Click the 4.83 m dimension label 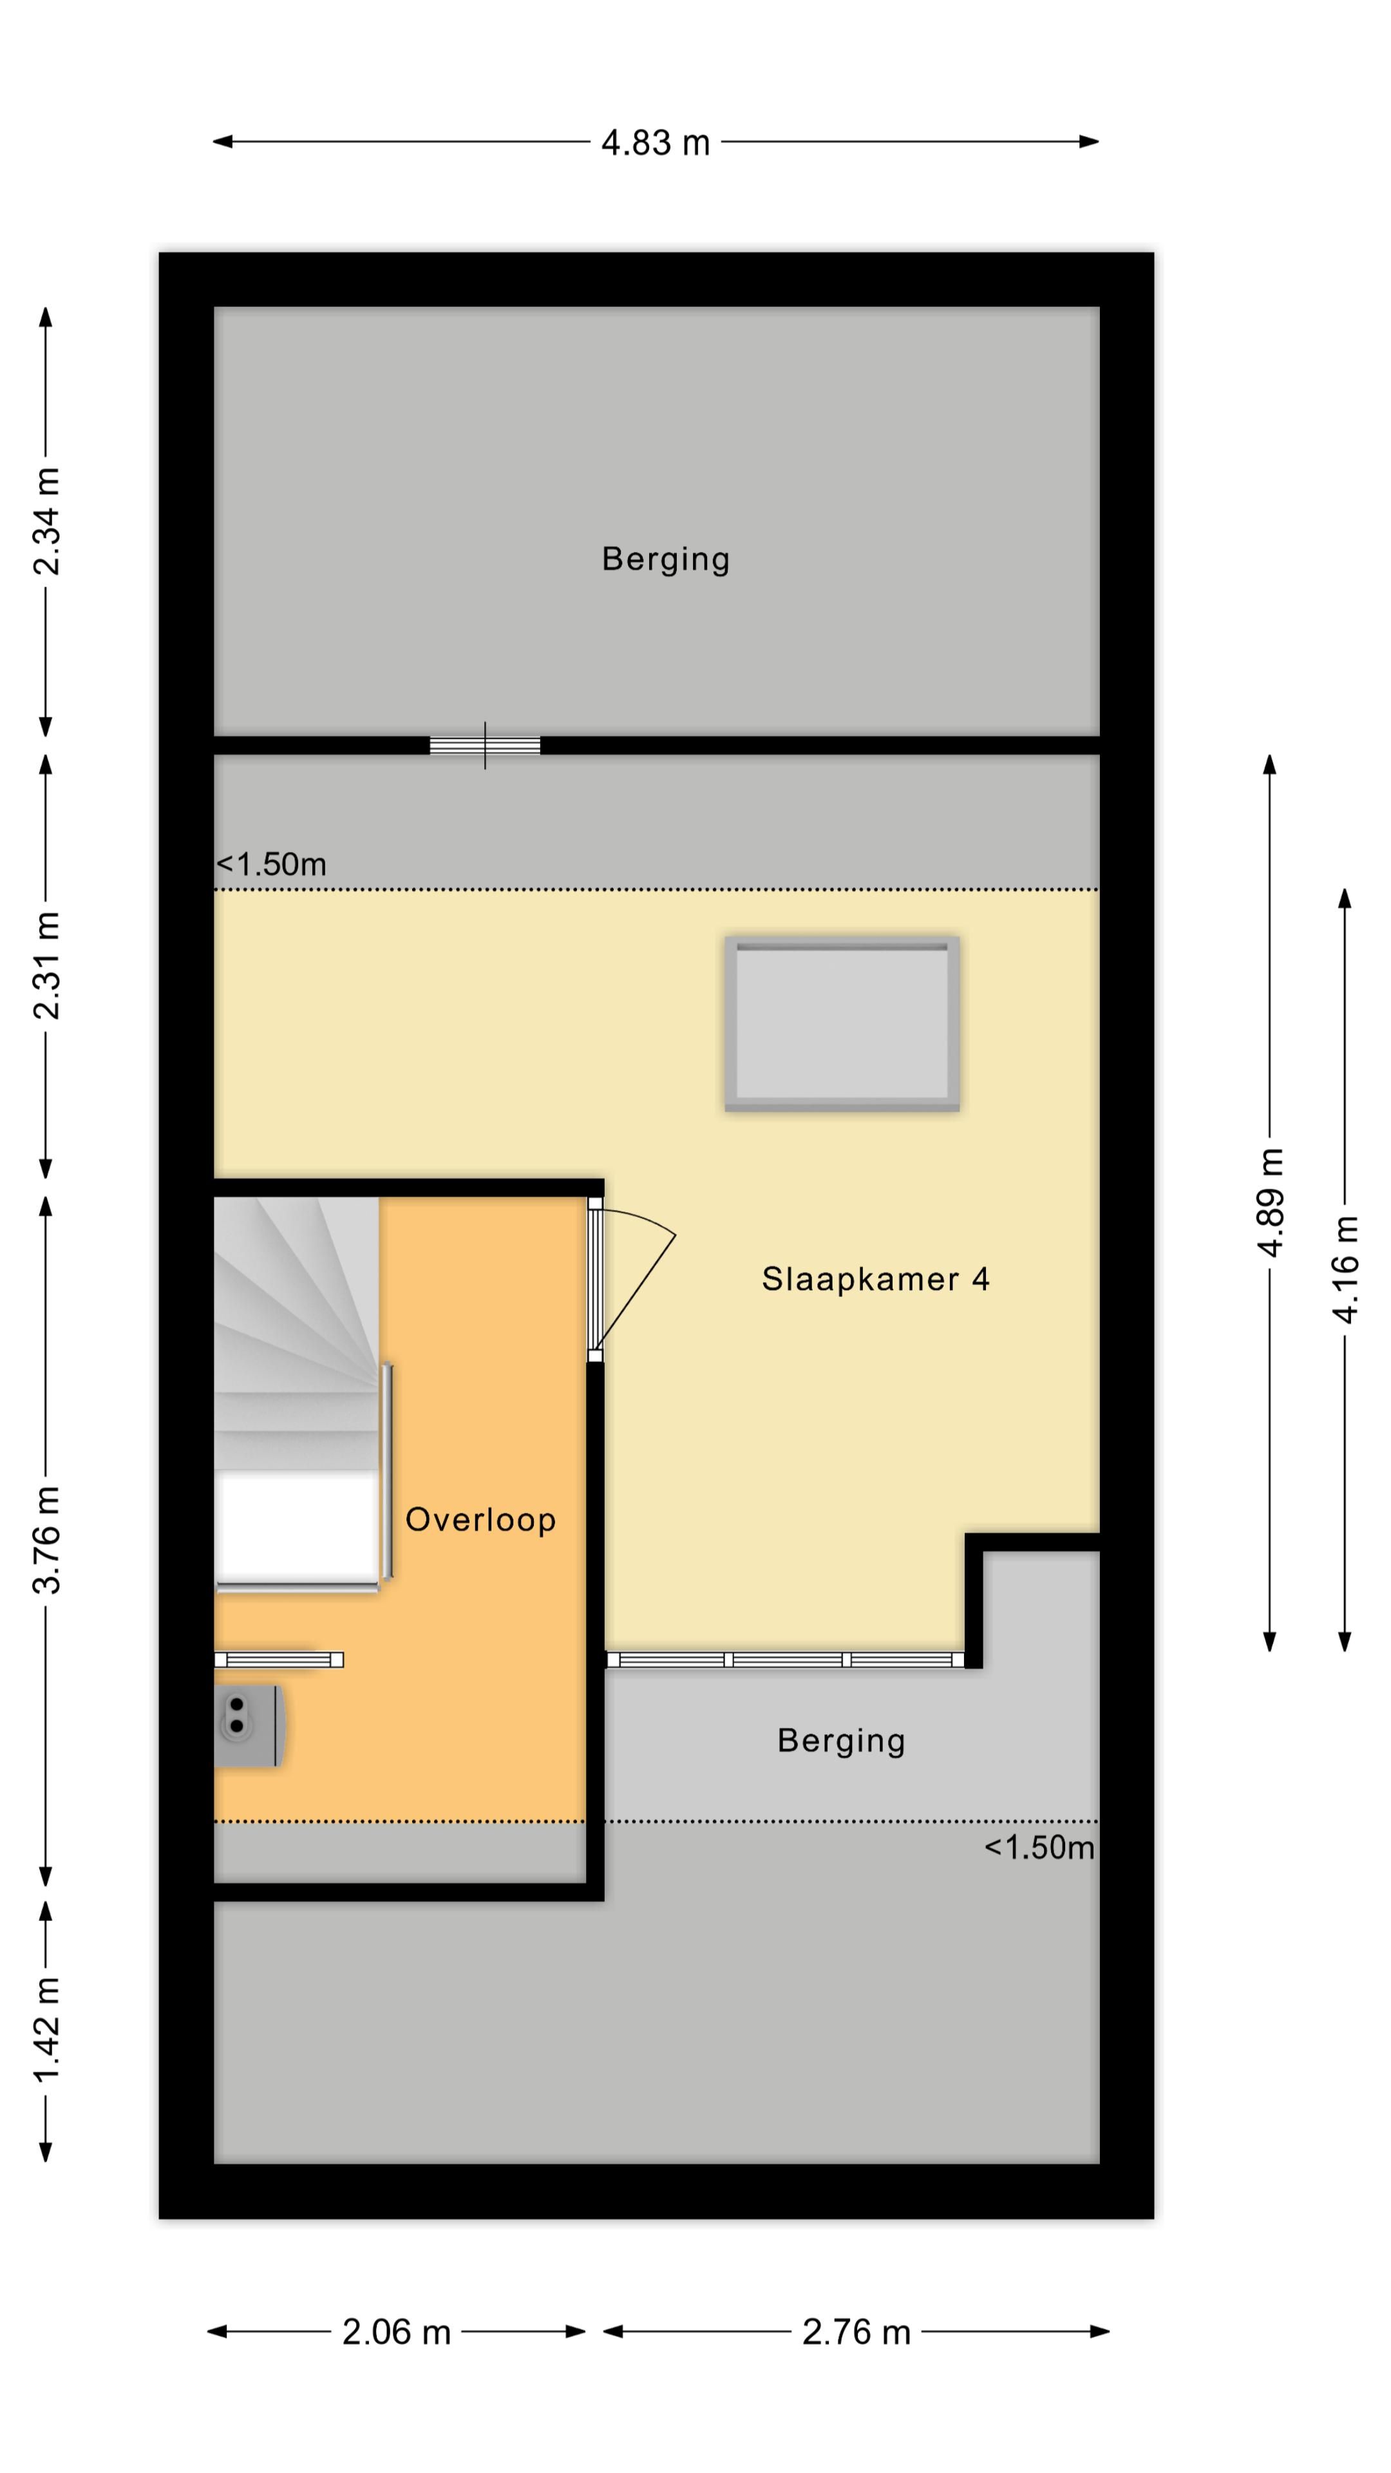pyautogui.click(x=655, y=143)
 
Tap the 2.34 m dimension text pyautogui.click(x=46, y=521)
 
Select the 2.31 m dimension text pyautogui.click(x=46, y=965)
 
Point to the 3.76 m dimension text pyautogui.click(x=46, y=1540)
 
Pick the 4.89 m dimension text pyautogui.click(x=1269, y=1202)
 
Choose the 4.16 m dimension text pyautogui.click(x=1345, y=1269)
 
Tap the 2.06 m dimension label pyautogui.click(x=397, y=2332)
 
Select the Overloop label pyautogui.click(x=480, y=1520)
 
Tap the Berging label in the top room pyautogui.click(x=665, y=559)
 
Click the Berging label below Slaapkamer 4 pyautogui.click(x=841, y=1741)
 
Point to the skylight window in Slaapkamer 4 pyautogui.click(x=842, y=1023)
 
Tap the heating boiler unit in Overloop pyautogui.click(x=248, y=1725)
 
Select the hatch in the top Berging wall pyautogui.click(x=485, y=746)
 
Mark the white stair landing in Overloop pyautogui.click(x=296, y=1528)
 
